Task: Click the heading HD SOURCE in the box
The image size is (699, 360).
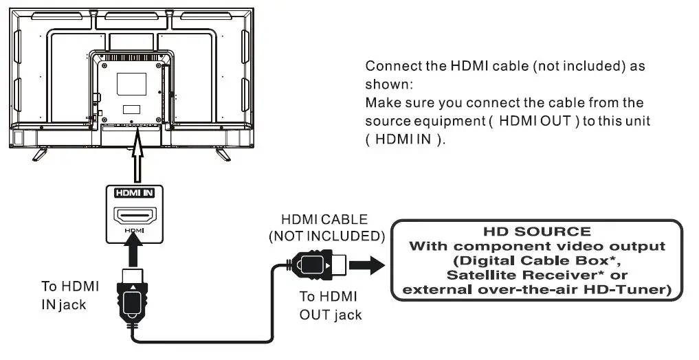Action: pyautogui.click(x=537, y=232)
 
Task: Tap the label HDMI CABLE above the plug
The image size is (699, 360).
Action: pyautogui.click(x=324, y=221)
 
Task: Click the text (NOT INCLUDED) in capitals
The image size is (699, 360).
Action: pyautogui.click(x=325, y=236)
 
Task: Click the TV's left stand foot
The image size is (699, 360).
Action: pyautogui.click(x=41, y=153)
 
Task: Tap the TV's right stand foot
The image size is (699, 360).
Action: pyautogui.click(x=221, y=153)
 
